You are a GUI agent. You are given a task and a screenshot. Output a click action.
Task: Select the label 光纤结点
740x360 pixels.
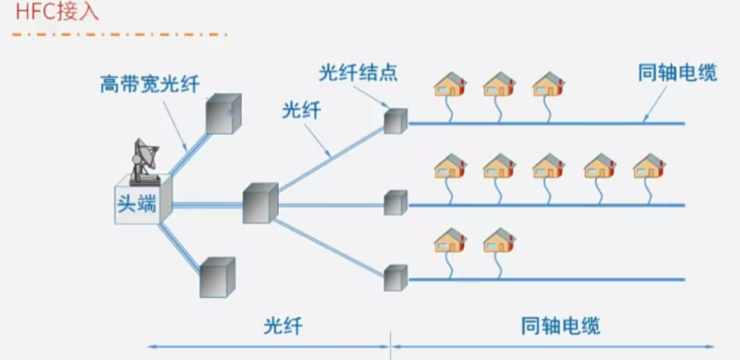click(x=358, y=73)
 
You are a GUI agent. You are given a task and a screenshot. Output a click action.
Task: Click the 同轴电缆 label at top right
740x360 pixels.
click(x=677, y=73)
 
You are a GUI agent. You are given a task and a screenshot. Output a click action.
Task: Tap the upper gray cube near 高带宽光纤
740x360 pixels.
click(x=223, y=114)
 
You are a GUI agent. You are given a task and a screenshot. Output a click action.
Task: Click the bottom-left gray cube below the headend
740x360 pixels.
click(x=217, y=278)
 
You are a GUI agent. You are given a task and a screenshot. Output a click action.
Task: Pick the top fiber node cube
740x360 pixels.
click(x=395, y=121)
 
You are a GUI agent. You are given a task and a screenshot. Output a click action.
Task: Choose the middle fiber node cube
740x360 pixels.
click(x=395, y=202)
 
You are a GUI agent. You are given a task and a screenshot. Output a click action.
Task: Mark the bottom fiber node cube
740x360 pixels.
click(x=395, y=278)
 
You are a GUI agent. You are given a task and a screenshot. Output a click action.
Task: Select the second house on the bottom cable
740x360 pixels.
click(x=499, y=240)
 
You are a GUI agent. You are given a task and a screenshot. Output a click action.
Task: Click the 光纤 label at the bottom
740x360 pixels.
click(x=282, y=326)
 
